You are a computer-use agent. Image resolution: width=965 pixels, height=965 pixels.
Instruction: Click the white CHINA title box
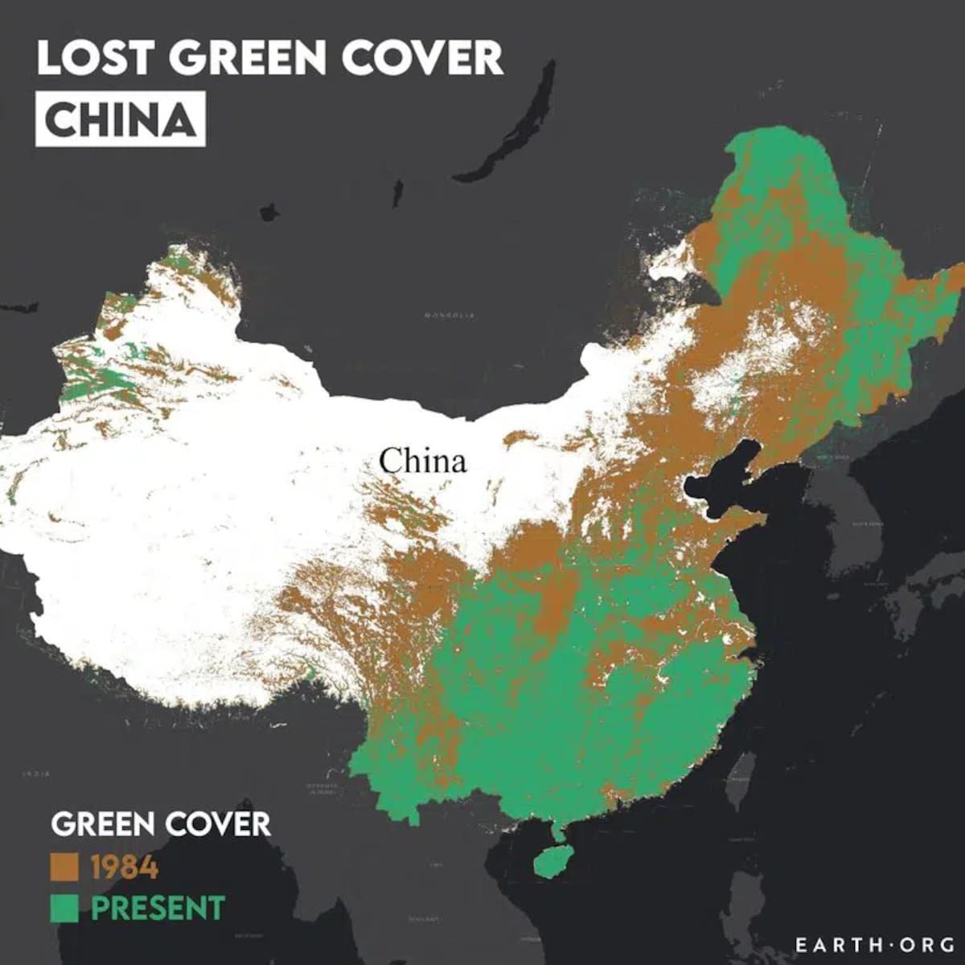coord(121,119)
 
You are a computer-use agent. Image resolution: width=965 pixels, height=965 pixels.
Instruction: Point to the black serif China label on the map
coord(422,462)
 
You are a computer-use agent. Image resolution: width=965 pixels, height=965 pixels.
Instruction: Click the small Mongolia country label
coord(449,315)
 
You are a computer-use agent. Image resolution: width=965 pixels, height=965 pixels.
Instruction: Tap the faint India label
coord(36,774)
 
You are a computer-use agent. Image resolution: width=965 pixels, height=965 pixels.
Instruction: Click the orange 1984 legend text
coord(125,868)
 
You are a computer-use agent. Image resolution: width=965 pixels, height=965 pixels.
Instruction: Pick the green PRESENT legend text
coord(158,909)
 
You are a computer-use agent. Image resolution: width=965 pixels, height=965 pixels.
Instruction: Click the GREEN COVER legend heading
coord(161,824)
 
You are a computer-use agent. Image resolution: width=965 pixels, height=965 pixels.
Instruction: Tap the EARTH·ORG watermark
coord(874,944)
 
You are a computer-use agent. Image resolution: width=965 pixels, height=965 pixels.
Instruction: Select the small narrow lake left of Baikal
coord(397,193)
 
